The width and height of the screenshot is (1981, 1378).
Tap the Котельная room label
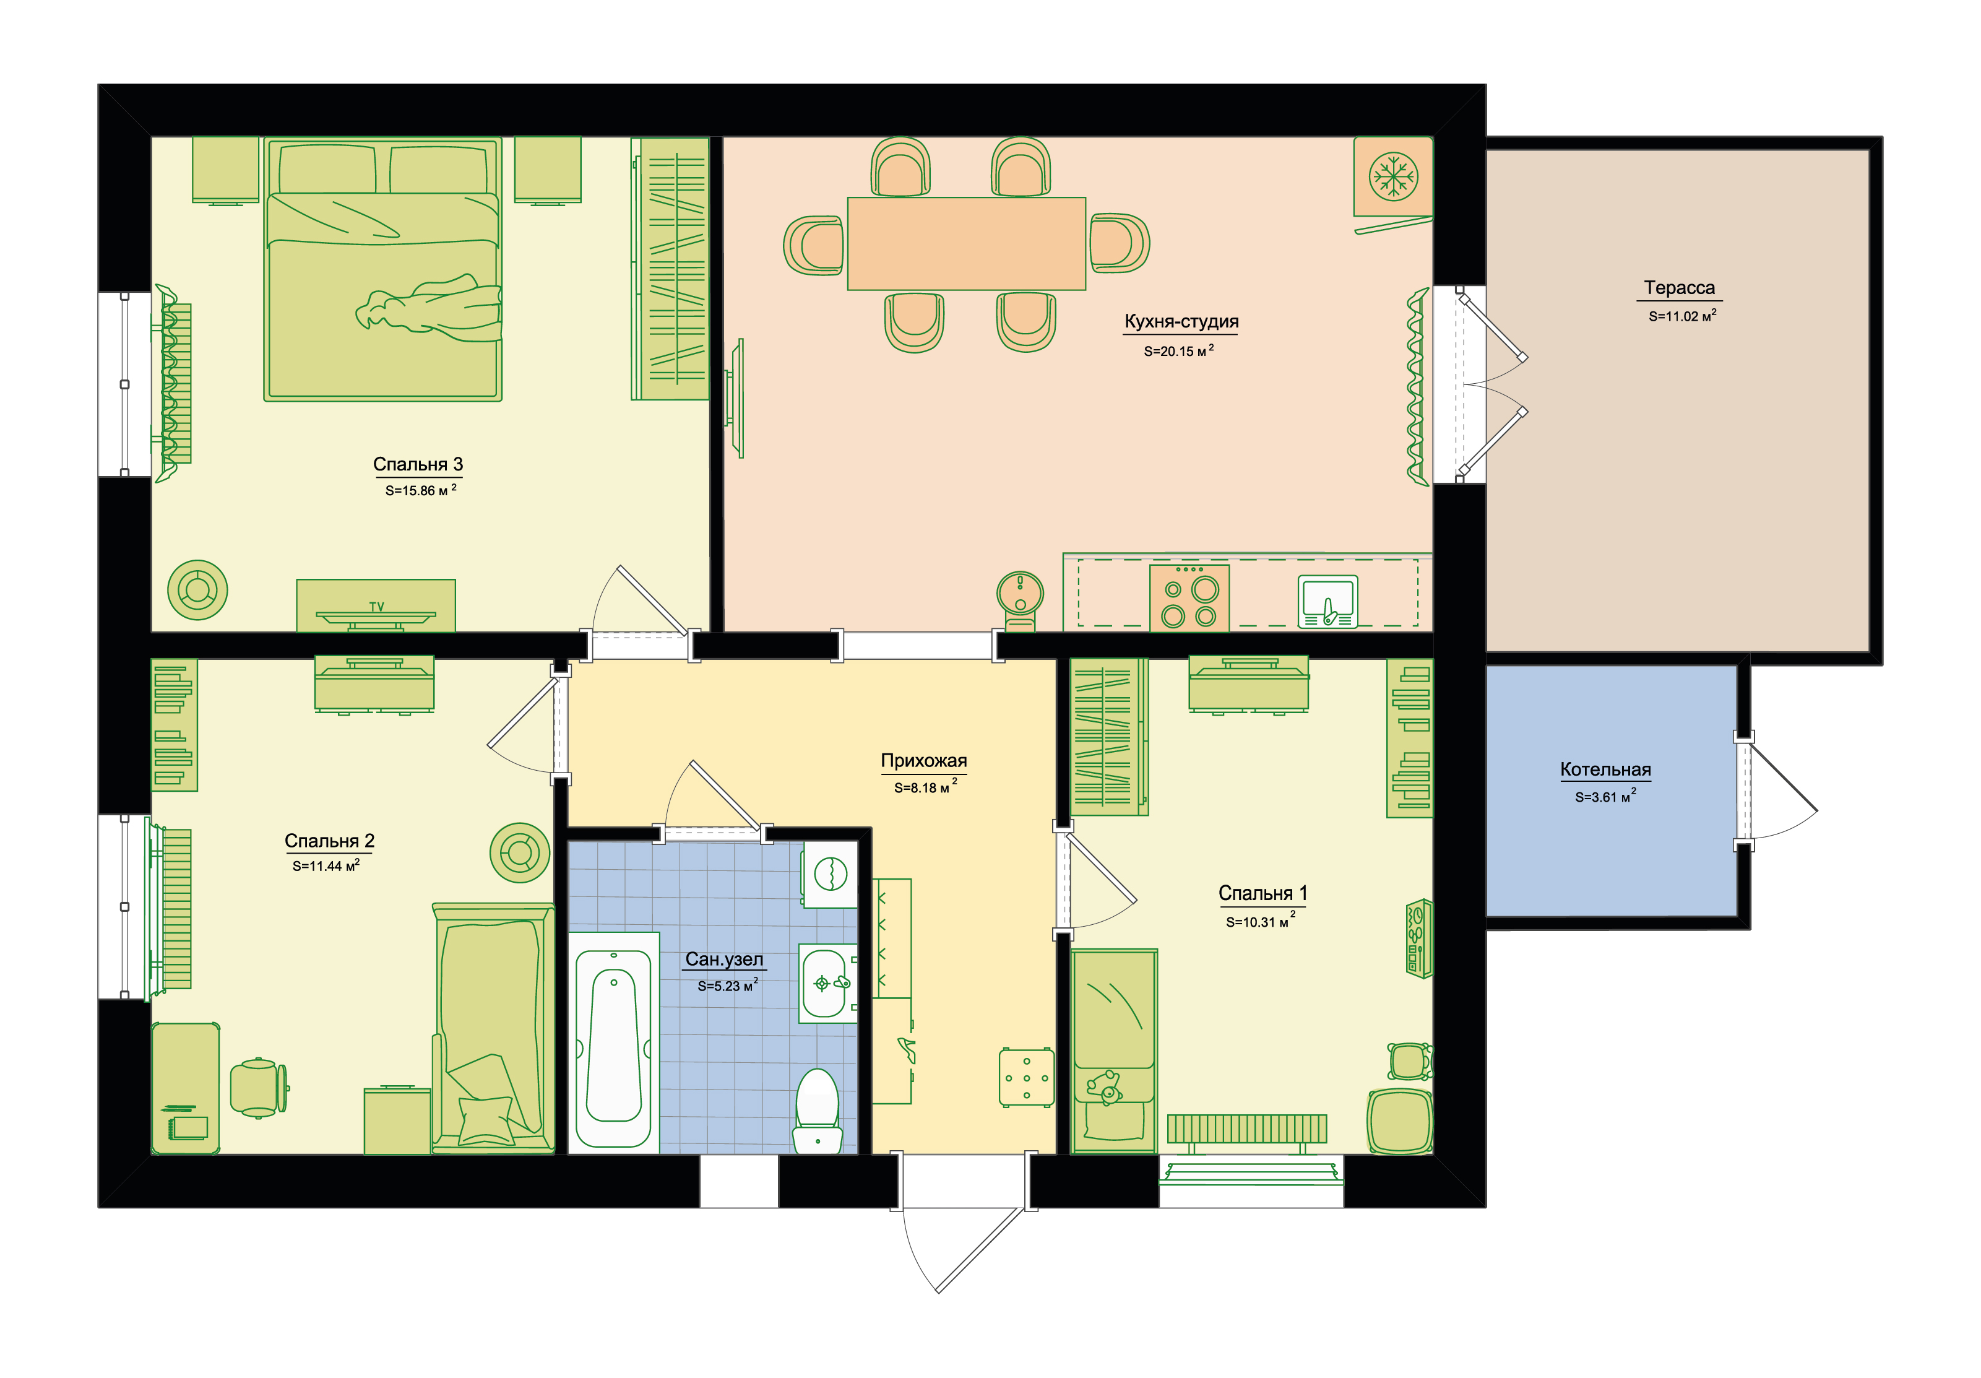pyautogui.click(x=1605, y=769)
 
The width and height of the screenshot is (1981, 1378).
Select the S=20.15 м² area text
pyautogui.click(x=1178, y=350)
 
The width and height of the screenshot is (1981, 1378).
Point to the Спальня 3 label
pyautogui.click(x=418, y=464)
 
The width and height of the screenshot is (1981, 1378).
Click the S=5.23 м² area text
pyautogui.click(x=727, y=986)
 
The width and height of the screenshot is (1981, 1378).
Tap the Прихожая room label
pyautogui.click(x=923, y=760)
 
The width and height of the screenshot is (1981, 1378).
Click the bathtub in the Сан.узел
pyautogui.click(x=613, y=1042)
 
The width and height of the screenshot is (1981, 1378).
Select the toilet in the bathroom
pyautogui.click(x=817, y=1111)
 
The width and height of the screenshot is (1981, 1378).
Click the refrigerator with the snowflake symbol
pyautogui.click(x=1392, y=177)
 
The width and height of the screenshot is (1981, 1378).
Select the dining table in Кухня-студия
pyautogui.click(x=966, y=243)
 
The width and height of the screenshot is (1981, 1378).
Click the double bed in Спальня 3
pyautogui.click(x=382, y=269)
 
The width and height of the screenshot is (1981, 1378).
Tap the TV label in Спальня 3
pyautogui.click(x=376, y=607)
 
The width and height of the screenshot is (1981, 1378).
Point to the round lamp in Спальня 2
pyautogui.click(x=519, y=852)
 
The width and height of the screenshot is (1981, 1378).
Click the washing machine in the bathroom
pyautogui.click(x=830, y=874)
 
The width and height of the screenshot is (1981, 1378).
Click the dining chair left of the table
pyautogui.click(x=814, y=245)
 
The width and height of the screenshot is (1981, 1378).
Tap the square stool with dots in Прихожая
pyautogui.click(x=1027, y=1077)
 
